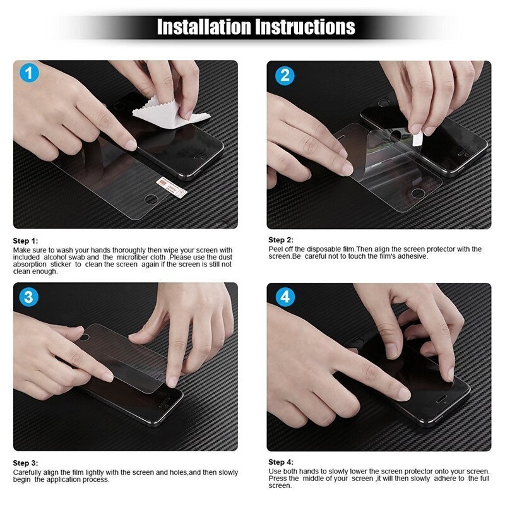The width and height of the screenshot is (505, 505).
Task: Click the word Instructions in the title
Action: [x=305, y=27]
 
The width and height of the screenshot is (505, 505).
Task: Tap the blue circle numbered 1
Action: [x=28, y=74]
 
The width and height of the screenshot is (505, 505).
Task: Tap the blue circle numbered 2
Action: [x=284, y=75]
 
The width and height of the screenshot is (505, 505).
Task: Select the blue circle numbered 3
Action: [x=28, y=297]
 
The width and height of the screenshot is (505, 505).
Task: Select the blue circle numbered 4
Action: [x=284, y=297]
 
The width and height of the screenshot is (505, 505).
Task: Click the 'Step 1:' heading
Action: [x=26, y=241]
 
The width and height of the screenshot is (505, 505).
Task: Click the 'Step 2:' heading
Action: [x=281, y=240]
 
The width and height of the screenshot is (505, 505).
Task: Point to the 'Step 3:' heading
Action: [x=26, y=463]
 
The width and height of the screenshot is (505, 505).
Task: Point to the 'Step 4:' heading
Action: [x=281, y=462]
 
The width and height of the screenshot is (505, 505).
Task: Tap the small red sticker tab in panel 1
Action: [x=163, y=183]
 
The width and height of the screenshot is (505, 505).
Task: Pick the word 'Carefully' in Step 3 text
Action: [x=27, y=472]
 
